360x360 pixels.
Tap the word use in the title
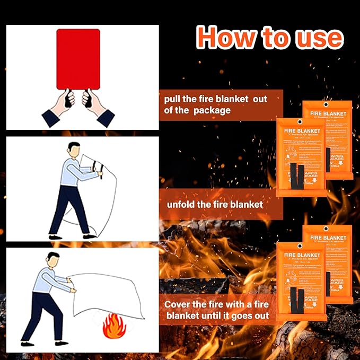318,37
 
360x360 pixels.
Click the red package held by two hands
78,59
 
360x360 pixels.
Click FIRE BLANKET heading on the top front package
301,130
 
